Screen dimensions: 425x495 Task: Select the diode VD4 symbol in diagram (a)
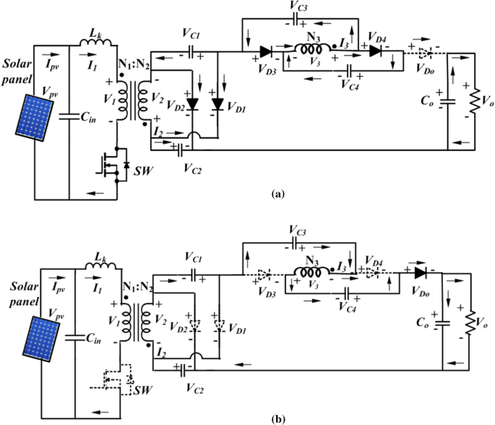pyautogui.click(x=374, y=51)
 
